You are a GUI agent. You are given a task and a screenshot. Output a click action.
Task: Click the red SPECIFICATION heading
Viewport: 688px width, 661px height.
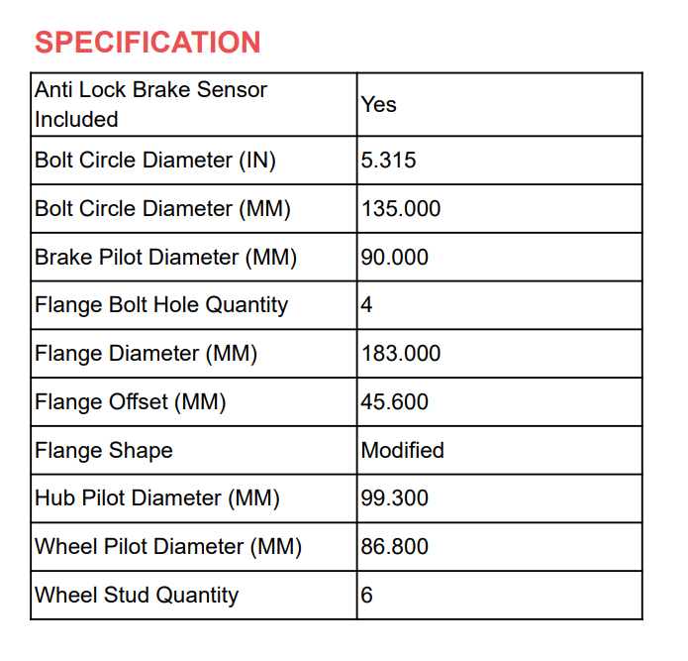pyautogui.click(x=147, y=43)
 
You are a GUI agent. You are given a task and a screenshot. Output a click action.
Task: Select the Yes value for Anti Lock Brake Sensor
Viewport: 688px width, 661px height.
pyautogui.click(x=378, y=104)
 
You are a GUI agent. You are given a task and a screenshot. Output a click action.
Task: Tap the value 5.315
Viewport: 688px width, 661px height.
pyautogui.click(x=388, y=160)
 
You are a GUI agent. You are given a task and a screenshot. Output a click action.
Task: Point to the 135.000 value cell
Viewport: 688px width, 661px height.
pyautogui.click(x=401, y=208)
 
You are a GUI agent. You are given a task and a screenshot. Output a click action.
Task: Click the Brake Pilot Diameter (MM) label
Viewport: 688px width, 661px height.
pyautogui.click(x=165, y=257)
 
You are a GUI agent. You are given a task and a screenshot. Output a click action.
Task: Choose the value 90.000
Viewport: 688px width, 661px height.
pyautogui.click(x=395, y=257)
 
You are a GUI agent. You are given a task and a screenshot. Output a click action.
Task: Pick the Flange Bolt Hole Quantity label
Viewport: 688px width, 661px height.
pyautogui.click(x=161, y=304)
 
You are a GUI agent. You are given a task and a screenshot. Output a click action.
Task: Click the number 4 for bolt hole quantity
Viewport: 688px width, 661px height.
pyautogui.click(x=367, y=304)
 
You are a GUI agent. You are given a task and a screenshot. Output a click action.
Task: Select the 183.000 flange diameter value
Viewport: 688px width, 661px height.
pyautogui.click(x=401, y=353)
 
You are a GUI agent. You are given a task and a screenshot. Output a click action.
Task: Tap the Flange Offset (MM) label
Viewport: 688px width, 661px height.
pyautogui.click(x=131, y=401)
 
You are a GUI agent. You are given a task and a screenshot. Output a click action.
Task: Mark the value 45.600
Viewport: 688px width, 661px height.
pyautogui.click(x=395, y=401)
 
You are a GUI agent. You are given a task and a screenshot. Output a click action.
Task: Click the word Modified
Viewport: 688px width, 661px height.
pyautogui.click(x=402, y=450)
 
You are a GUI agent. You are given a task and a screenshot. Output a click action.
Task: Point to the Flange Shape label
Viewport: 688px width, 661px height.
pyautogui.click(x=104, y=450)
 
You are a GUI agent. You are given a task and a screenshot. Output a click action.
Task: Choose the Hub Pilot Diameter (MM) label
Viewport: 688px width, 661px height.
pyautogui.click(x=157, y=497)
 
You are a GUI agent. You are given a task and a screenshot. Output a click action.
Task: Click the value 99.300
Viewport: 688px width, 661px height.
pyautogui.click(x=395, y=497)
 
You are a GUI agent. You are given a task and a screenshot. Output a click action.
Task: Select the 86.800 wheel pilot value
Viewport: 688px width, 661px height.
pyautogui.click(x=395, y=546)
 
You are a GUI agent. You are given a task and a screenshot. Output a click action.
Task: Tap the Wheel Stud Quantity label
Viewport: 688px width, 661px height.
pyautogui.click(x=137, y=595)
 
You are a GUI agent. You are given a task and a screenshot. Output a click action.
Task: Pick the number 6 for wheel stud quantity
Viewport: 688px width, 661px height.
pyautogui.click(x=367, y=595)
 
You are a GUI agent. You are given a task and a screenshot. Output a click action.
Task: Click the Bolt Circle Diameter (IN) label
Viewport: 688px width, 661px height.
pyautogui.click(x=155, y=160)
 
